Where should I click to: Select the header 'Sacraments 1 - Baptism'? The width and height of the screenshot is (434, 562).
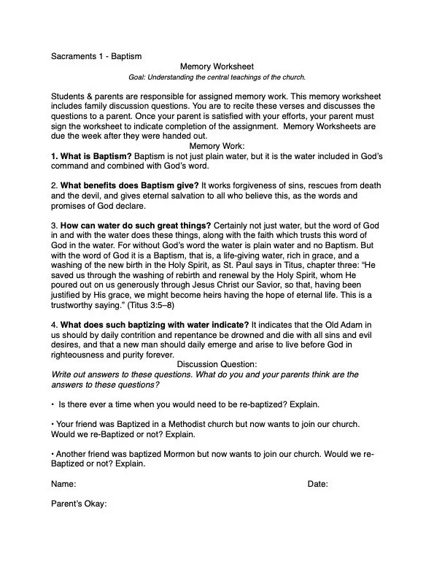pyautogui.click(x=96, y=55)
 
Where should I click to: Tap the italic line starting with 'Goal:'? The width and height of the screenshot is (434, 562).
pyautogui.click(x=217, y=77)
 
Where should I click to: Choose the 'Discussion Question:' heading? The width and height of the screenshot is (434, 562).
pyautogui.click(x=217, y=363)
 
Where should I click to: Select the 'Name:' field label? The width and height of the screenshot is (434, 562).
pyautogui.click(x=63, y=483)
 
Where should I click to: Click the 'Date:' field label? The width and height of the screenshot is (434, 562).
pyautogui.click(x=317, y=483)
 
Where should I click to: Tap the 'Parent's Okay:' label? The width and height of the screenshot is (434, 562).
pyautogui.click(x=80, y=504)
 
